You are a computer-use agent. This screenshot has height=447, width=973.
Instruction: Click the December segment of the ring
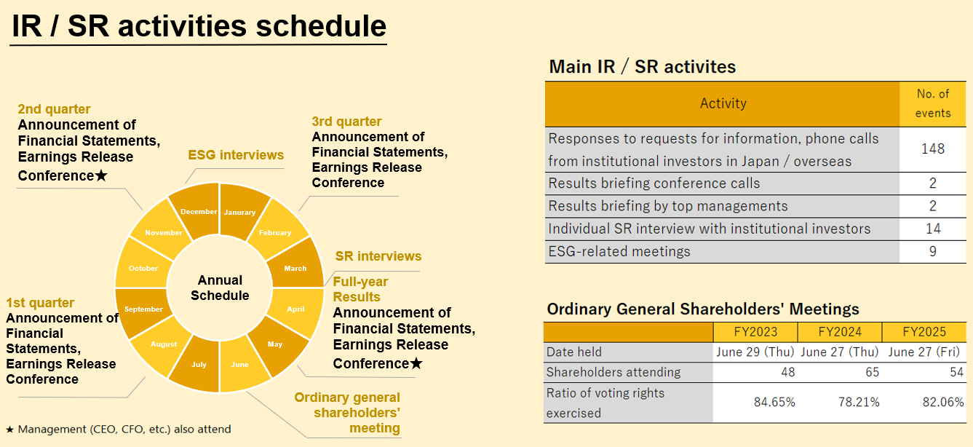[x=199, y=211]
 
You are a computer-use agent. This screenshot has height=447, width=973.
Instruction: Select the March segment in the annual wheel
[x=295, y=268]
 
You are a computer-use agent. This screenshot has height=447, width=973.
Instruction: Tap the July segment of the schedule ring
[x=199, y=364]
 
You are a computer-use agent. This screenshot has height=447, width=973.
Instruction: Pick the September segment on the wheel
[x=143, y=309]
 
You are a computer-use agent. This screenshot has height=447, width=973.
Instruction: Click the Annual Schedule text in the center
[x=220, y=288]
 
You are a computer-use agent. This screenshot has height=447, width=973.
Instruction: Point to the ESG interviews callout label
[x=236, y=154]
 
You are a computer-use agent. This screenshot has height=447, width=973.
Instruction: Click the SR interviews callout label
[x=378, y=256]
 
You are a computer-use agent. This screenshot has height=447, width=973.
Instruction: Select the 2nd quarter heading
[x=55, y=109]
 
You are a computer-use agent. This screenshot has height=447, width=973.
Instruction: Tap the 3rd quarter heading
[x=346, y=122]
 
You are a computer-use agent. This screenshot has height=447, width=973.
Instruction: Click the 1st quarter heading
[x=40, y=303]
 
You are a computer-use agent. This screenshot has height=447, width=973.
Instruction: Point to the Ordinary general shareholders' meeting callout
[x=347, y=413]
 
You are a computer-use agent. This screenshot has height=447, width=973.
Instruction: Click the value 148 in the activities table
[x=932, y=149]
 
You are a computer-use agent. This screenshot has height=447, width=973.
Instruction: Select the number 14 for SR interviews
[x=932, y=229]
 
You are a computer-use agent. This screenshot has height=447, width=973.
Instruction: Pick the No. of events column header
[x=932, y=103]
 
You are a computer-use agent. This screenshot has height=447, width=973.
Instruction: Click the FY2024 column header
[x=839, y=332]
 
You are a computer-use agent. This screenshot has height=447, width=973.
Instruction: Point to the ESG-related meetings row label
[x=619, y=251]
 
